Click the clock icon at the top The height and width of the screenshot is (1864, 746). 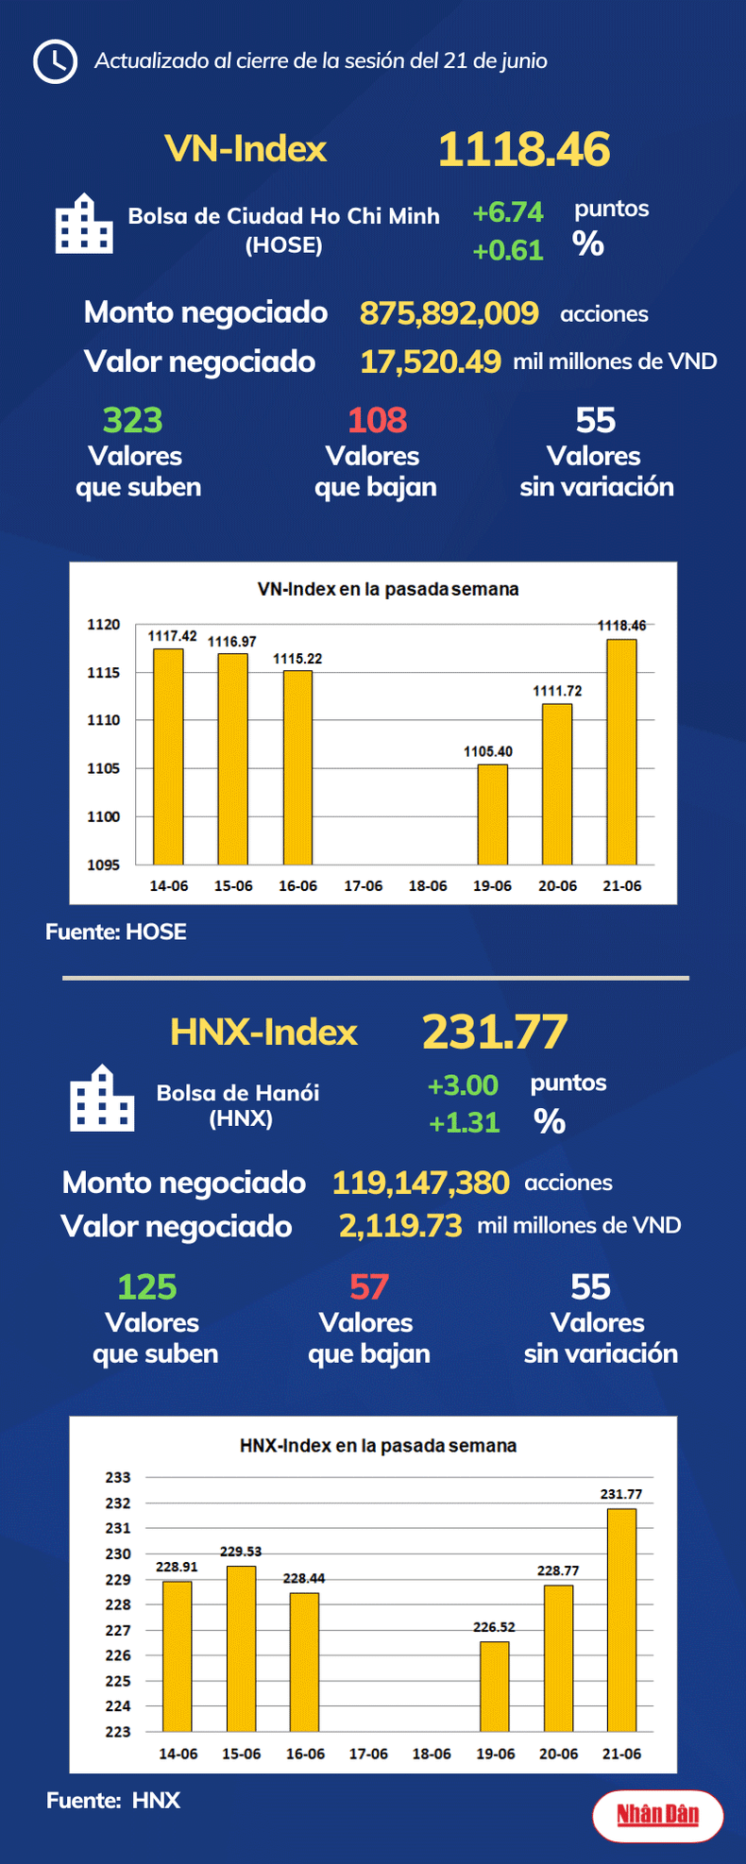55,61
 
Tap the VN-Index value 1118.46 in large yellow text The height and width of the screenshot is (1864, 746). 524,150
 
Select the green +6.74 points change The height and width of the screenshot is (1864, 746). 508,212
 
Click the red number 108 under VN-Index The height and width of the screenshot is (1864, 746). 377,420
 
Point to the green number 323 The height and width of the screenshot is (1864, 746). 133,420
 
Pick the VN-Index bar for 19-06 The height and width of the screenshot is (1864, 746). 492,814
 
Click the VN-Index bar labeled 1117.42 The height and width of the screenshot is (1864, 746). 169,755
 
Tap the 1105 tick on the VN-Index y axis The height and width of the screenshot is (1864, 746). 104,768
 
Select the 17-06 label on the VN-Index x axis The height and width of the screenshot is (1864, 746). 364,886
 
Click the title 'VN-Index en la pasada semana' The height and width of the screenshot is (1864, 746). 388,589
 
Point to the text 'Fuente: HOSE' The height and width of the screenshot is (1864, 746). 116,932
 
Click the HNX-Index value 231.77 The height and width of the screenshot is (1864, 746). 495,1032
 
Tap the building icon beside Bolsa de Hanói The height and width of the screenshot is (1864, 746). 102,1099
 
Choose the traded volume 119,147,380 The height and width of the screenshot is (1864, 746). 420,1183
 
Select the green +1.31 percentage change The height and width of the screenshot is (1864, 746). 464,1122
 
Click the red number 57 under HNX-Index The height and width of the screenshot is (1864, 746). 369,1286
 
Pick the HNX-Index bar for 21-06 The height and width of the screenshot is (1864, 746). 621,1620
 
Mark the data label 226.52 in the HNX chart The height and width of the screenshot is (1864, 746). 494,1627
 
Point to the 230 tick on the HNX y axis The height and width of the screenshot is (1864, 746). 118,1553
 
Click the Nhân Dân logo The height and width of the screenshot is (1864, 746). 658,1814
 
